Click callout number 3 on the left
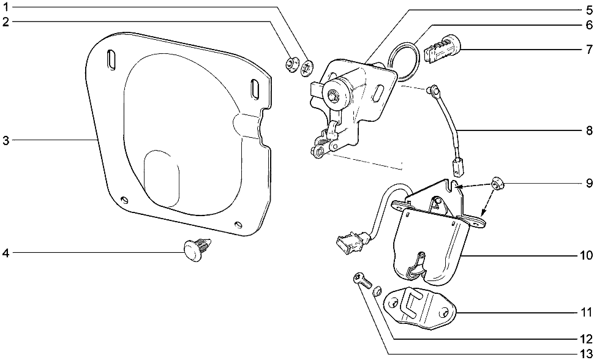click(6, 141)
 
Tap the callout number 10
click(586, 256)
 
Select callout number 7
click(588, 50)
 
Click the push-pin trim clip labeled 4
click(197, 249)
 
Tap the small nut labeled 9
click(497, 184)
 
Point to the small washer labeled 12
click(377, 292)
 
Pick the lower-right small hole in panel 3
click(238, 224)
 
